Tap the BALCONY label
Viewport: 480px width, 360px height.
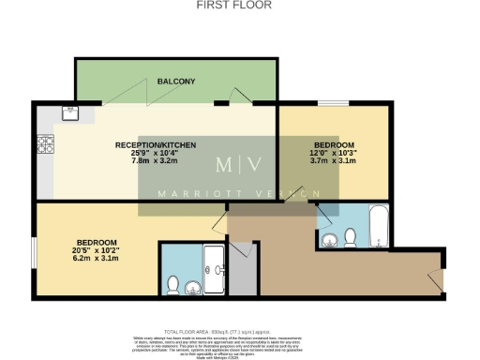[x=176, y=82]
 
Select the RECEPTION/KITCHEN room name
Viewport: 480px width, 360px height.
[x=155, y=145]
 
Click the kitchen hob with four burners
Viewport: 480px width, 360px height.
[x=45, y=145]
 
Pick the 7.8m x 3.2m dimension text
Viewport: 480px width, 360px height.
[x=155, y=162]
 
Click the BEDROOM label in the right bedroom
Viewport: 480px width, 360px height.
[x=333, y=145]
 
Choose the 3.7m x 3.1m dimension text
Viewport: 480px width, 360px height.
[x=333, y=162]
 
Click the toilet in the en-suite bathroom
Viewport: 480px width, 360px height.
[x=172, y=284]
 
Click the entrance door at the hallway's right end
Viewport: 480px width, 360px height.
[x=432, y=278]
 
